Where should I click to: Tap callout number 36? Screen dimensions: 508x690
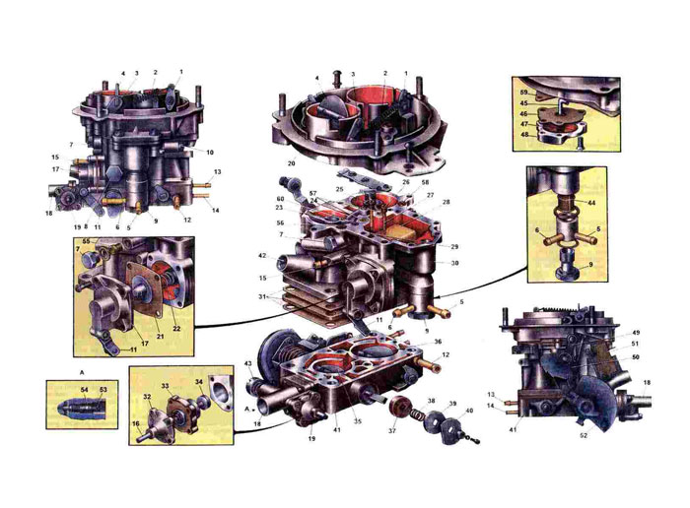(x=437, y=342)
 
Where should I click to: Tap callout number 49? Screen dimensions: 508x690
(x=637, y=333)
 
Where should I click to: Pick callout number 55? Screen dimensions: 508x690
(x=86, y=241)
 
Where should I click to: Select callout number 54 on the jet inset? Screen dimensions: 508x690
(x=85, y=391)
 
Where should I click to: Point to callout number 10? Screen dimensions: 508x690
(x=210, y=153)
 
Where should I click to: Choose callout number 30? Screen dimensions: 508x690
(x=454, y=263)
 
